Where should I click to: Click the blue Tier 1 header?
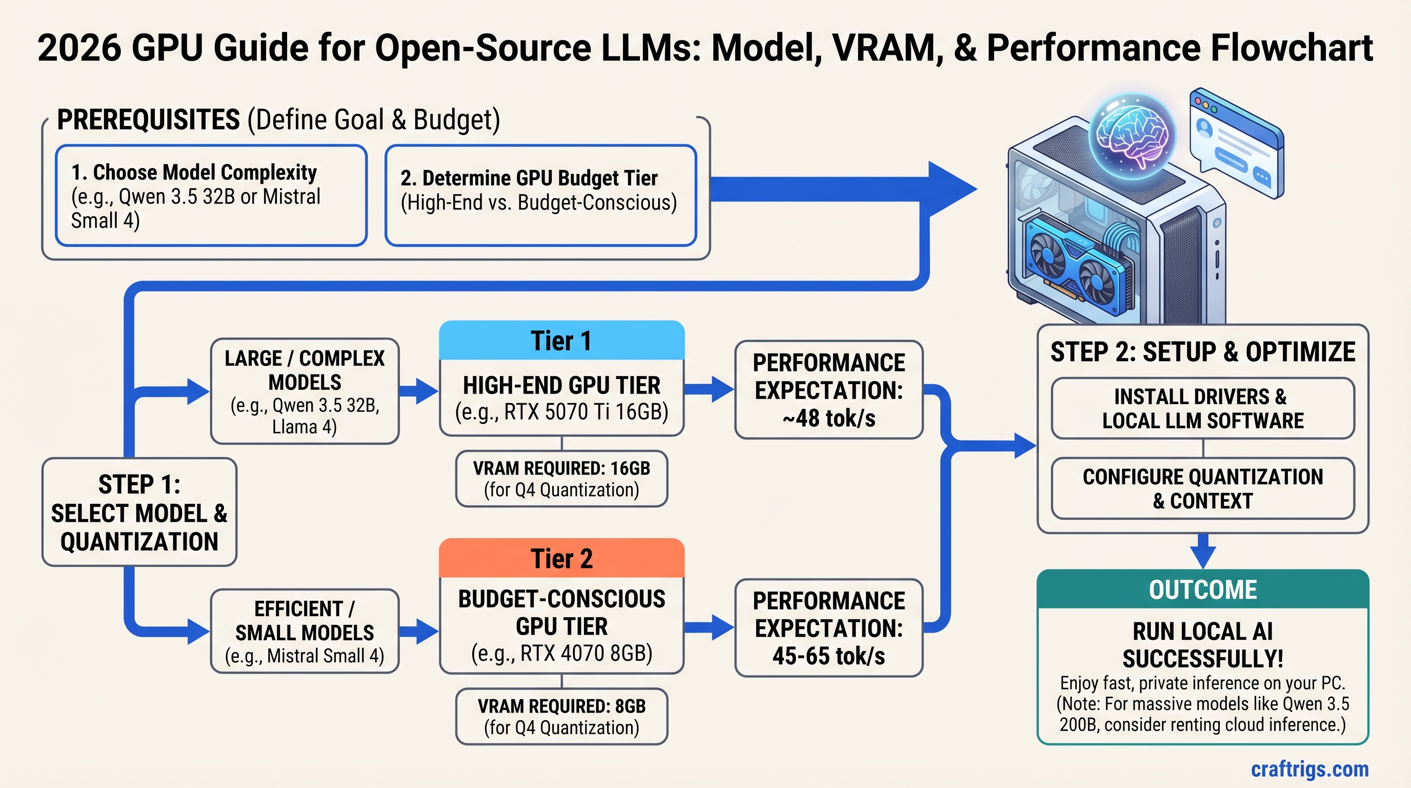(561, 341)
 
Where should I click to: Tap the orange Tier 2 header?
(561, 558)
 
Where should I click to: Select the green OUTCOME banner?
(1202, 589)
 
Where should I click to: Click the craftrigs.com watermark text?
(1309, 769)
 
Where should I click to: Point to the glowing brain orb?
(1132, 135)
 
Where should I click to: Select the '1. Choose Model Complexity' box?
(211, 195)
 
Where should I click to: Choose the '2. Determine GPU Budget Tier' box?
(540, 195)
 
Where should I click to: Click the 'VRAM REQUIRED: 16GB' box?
(561, 478)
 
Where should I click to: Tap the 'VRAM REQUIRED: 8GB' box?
(561, 716)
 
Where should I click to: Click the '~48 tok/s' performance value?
(829, 418)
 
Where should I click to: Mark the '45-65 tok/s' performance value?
(829, 656)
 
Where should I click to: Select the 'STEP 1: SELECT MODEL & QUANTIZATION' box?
(139, 513)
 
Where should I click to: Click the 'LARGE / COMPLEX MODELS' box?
(305, 391)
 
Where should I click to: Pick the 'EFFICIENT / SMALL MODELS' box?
(305, 632)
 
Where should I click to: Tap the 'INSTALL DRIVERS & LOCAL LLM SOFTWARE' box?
(1202, 408)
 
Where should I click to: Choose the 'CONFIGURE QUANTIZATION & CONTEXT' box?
(1202, 488)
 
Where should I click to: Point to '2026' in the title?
(79, 48)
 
